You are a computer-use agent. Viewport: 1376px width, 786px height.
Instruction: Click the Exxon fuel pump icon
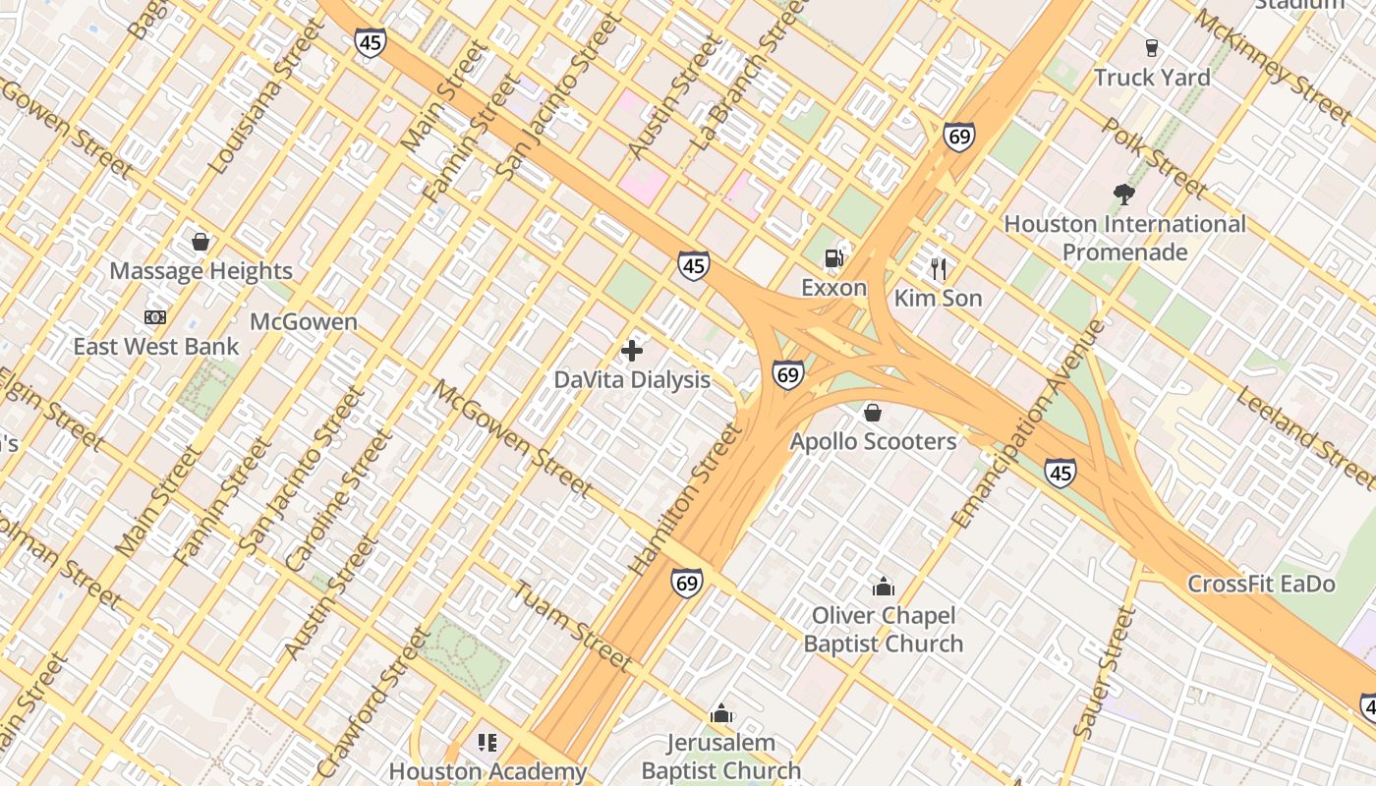pyautogui.click(x=833, y=258)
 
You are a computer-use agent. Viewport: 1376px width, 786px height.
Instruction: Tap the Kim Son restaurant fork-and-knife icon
pyautogui.click(x=938, y=268)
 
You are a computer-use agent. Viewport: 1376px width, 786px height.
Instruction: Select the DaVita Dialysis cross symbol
pyautogui.click(x=632, y=350)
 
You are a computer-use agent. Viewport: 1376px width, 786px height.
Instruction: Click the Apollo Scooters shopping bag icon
pyautogui.click(x=872, y=413)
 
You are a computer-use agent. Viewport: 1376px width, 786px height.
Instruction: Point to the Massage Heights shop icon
pyautogui.click(x=201, y=242)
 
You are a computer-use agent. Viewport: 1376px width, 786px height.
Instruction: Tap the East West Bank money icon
pyautogui.click(x=154, y=317)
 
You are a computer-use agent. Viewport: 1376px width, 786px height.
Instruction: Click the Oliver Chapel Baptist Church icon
pyautogui.click(x=883, y=587)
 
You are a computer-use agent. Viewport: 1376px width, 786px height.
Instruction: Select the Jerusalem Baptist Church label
pyautogui.click(x=721, y=757)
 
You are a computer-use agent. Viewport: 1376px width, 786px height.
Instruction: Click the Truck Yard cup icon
pyautogui.click(x=1151, y=47)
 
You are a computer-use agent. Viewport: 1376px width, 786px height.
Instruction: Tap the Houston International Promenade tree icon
pyautogui.click(x=1123, y=195)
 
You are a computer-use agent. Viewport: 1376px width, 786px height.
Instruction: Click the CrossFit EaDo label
pyautogui.click(x=1261, y=584)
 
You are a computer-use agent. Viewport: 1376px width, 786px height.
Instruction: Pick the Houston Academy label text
pyautogui.click(x=487, y=771)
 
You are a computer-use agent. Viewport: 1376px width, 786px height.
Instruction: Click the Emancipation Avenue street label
pyautogui.click(x=1029, y=424)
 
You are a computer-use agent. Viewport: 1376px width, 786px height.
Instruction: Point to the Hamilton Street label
pyautogui.click(x=685, y=499)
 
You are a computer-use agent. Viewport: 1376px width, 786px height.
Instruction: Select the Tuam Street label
pyautogui.click(x=571, y=626)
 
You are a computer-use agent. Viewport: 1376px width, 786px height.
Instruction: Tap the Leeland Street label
pyautogui.click(x=1305, y=437)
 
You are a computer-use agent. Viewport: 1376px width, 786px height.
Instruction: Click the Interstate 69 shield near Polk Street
pyautogui.click(x=958, y=137)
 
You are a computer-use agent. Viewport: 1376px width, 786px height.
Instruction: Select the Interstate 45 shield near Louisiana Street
pyautogui.click(x=370, y=42)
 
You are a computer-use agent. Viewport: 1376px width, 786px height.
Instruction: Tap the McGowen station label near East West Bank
pyautogui.click(x=303, y=321)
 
